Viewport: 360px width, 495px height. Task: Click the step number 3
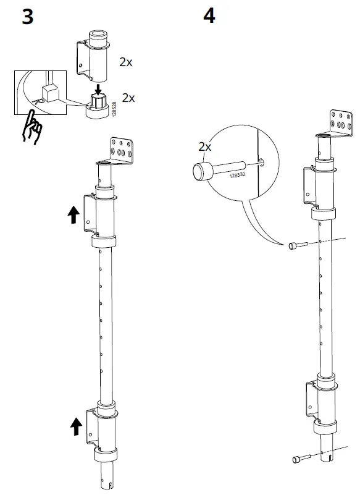click(27, 16)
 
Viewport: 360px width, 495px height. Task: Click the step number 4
click(209, 16)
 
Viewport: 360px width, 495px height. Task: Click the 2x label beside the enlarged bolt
click(204, 148)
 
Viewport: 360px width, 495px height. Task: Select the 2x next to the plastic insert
click(128, 98)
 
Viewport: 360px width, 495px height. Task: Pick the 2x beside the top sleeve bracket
click(126, 62)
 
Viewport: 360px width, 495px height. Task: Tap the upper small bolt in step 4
click(294, 246)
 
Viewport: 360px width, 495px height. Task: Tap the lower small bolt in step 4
click(298, 459)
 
